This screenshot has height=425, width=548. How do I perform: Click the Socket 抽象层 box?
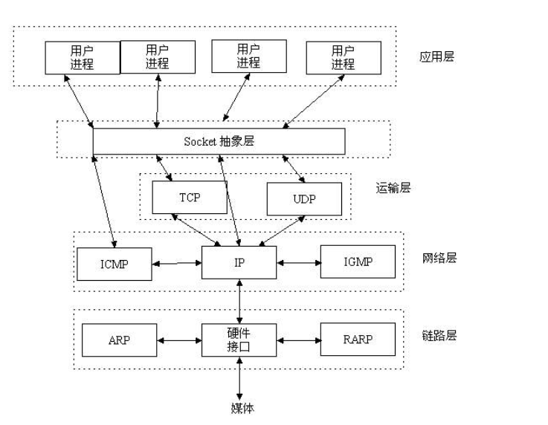click(x=219, y=141)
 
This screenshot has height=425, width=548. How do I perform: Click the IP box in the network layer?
click(x=239, y=262)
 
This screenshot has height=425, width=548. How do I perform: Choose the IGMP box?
click(x=358, y=262)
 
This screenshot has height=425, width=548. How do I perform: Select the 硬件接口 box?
click(x=239, y=339)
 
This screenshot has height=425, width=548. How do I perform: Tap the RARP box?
click(x=358, y=339)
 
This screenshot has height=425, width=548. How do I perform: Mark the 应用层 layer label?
click(x=436, y=56)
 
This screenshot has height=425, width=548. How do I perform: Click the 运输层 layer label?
click(x=393, y=188)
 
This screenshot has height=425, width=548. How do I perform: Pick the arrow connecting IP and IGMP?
click(x=298, y=263)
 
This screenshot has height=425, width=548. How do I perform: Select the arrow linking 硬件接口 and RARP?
click(x=298, y=340)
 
